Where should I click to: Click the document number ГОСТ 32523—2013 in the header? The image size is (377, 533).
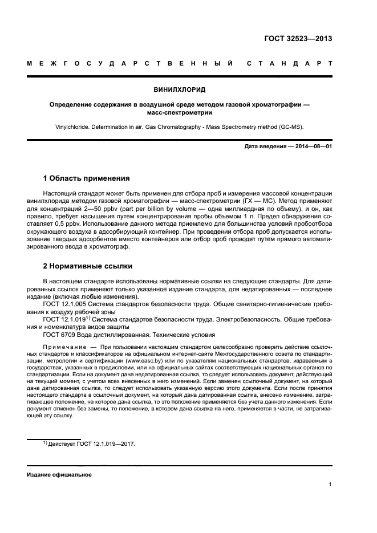(298, 39)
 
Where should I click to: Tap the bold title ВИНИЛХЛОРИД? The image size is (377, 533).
(180, 89)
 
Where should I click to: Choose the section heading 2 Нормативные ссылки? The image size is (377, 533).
(87, 266)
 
